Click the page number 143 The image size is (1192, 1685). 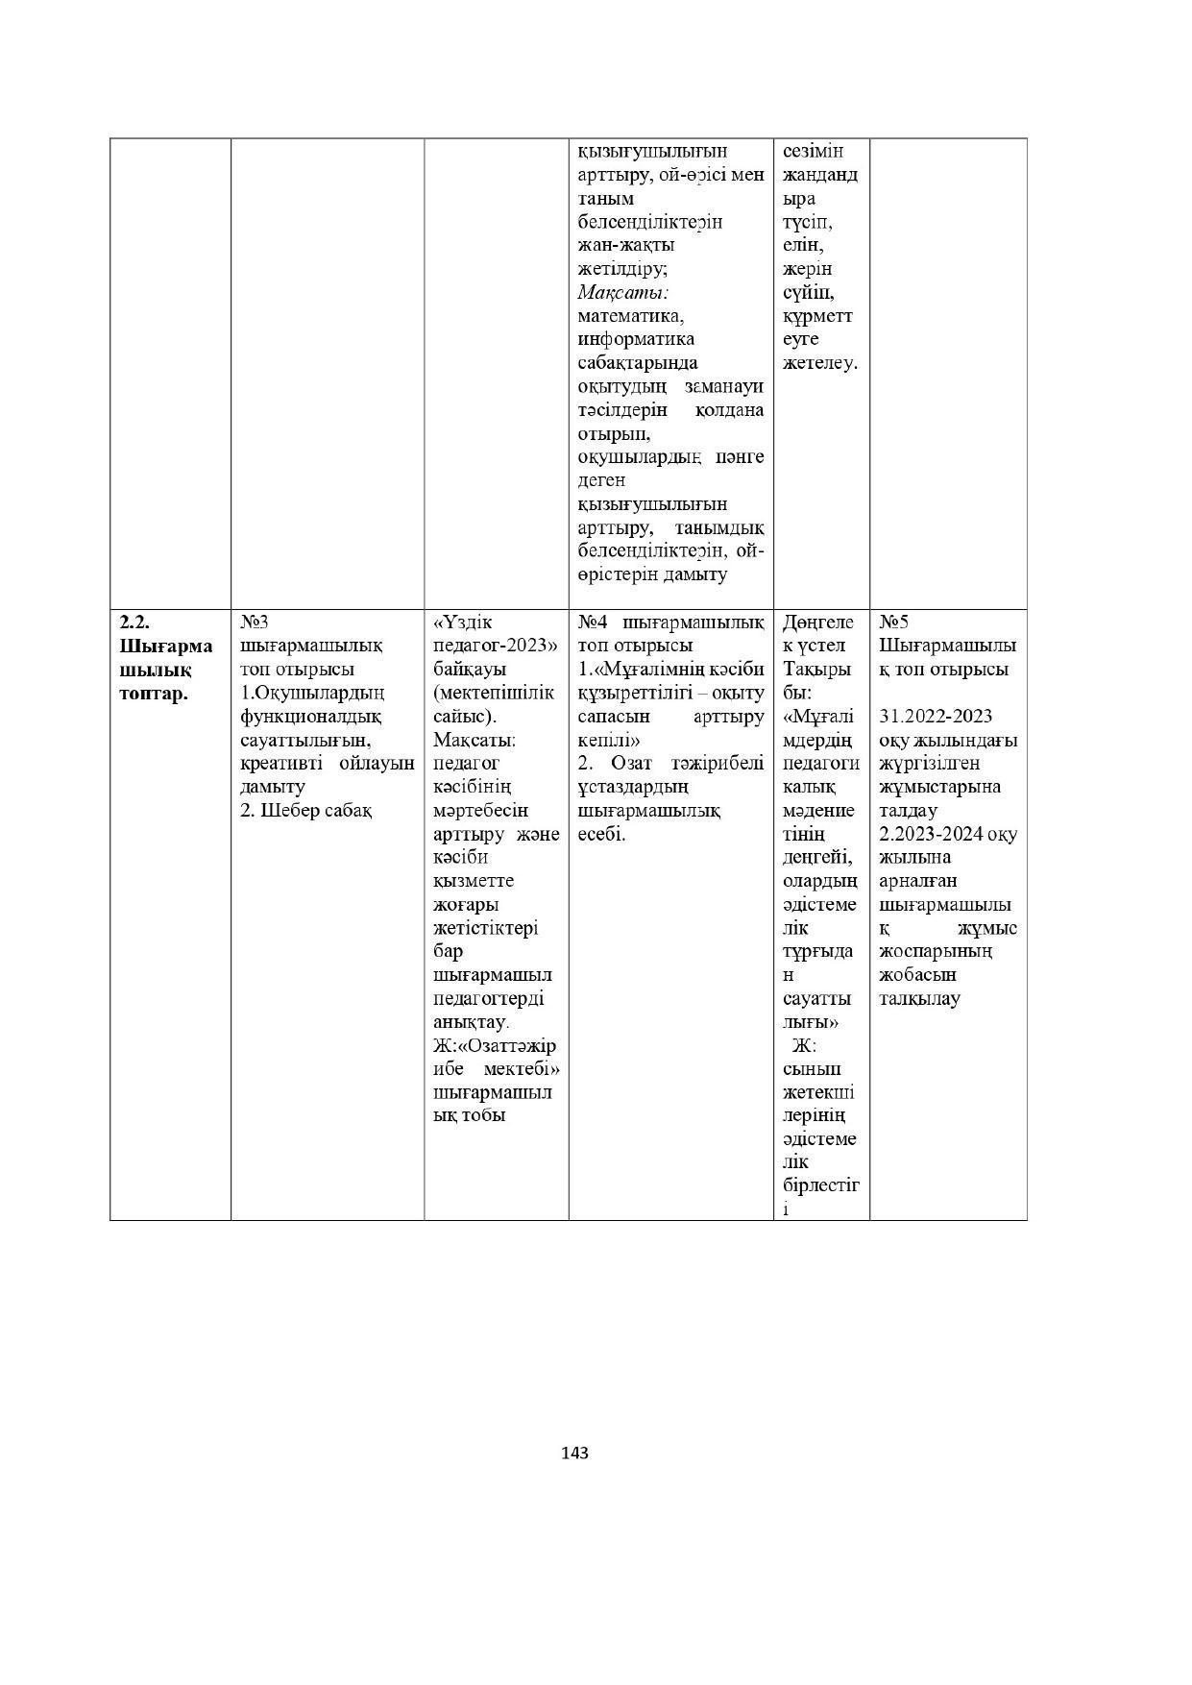coord(574,1453)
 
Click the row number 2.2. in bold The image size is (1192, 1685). coord(134,622)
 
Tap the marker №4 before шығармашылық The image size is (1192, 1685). coord(594,622)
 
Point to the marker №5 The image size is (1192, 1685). coord(893,622)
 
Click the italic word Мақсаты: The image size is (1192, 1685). coord(623,292)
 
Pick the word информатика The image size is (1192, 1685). coord(636,339)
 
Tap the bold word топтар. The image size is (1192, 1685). coord(154,693)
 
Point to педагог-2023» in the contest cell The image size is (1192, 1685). coord(496,646)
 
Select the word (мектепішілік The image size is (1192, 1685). coord(494,693)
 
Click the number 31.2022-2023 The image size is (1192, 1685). coord(936,716)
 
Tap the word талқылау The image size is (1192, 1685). coord(919,998)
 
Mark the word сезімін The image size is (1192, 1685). coord(813,151)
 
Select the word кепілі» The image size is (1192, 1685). coord(609,740)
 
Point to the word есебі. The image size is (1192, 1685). coord(601,834)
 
